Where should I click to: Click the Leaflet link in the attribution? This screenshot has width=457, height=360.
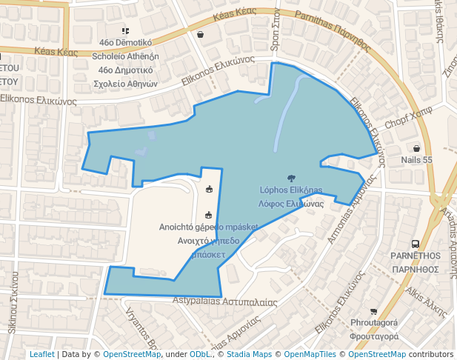point(41,354)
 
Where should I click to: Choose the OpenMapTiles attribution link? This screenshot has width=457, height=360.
point(309,354)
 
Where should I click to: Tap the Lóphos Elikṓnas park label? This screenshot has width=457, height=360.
point(291,190)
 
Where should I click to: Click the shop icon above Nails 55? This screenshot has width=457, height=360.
point(416,148)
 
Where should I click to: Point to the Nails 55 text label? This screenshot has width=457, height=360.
point(416,159)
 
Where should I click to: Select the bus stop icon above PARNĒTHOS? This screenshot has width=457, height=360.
point(416,243)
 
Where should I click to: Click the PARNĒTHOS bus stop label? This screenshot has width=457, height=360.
point(416,255)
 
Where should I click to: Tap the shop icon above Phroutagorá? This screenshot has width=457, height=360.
point(373,312)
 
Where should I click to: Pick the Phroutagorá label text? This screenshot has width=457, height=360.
point(374,323)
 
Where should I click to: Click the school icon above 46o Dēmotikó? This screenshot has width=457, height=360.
point(125,31)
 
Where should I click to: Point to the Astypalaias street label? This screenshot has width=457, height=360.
point(225,301)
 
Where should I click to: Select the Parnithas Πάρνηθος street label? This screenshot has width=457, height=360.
point(333,29)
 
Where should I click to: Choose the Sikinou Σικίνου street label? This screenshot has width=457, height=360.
point(13,304)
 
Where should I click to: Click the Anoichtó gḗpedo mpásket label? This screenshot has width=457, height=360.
point(208,227)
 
